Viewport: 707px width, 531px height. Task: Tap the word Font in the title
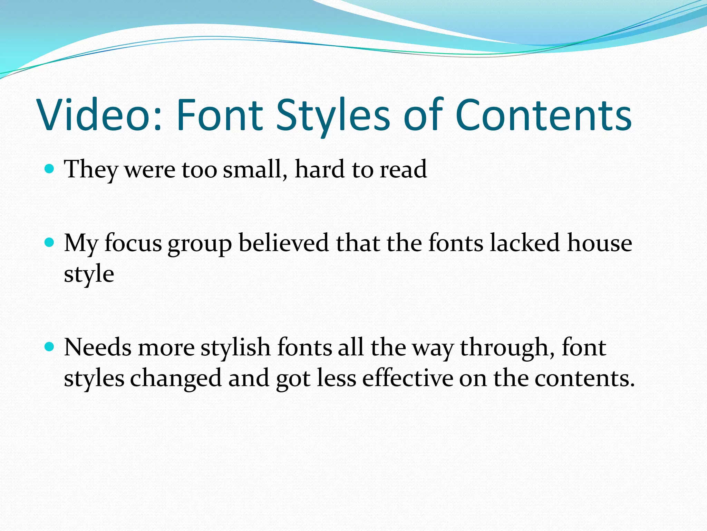point(220,115)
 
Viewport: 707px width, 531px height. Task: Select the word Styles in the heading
point(333,115)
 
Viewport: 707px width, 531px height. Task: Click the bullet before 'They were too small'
point(50,169)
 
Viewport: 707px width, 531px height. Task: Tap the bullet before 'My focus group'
point(50,242)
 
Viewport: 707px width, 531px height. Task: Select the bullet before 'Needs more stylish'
point(50,346)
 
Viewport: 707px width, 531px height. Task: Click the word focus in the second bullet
point(133,243)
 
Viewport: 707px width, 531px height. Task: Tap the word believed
point(283,243)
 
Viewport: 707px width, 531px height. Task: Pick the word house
point(600,243)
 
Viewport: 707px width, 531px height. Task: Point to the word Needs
point(98,347)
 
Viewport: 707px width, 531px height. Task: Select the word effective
point(407,378)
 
